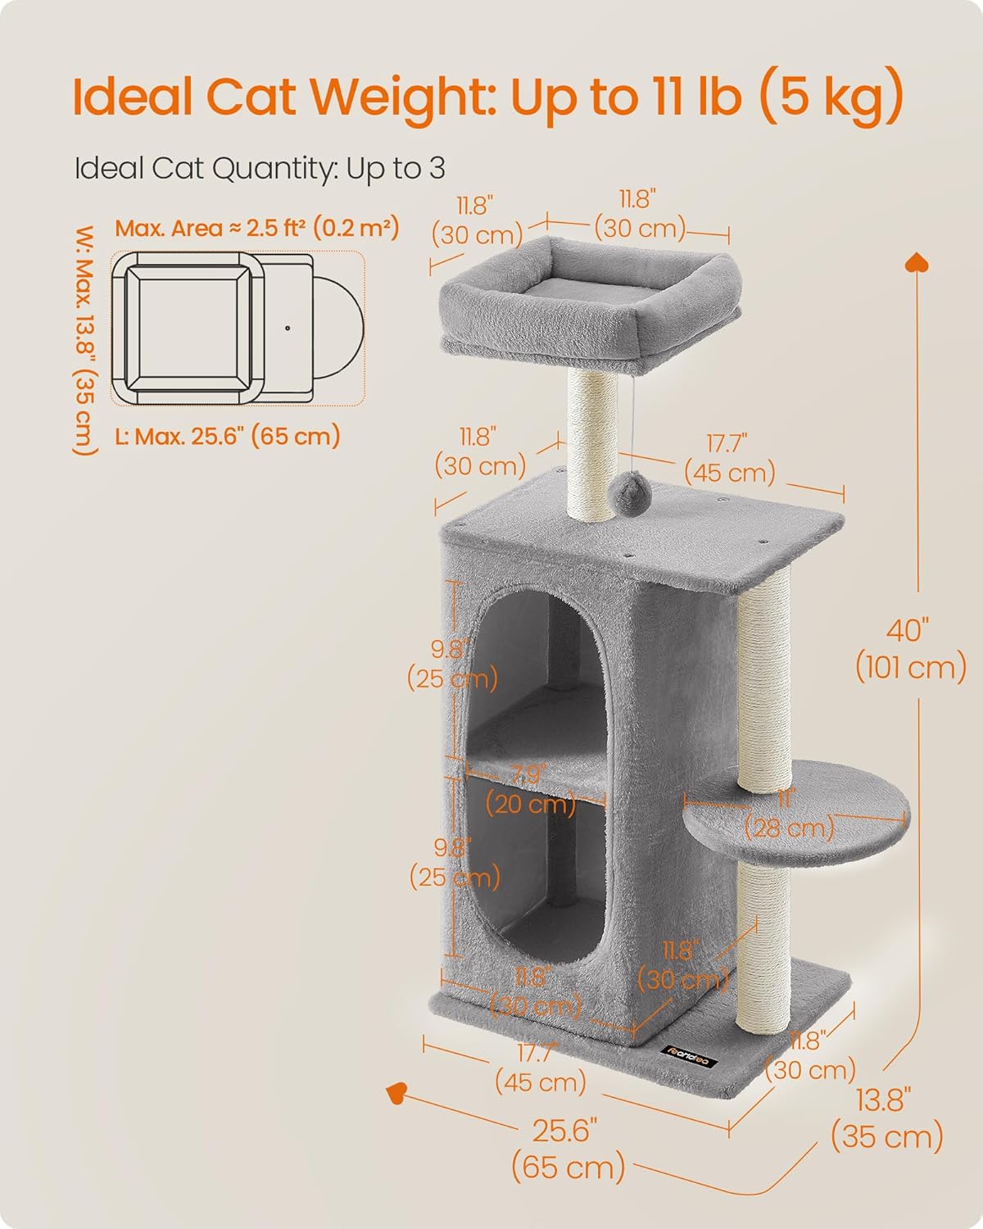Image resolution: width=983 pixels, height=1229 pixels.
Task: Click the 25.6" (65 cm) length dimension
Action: pos(567,1149)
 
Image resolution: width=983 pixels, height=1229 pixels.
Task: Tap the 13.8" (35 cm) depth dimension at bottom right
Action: pos(886,1121)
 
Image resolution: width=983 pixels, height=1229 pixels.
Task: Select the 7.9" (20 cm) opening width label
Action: pos(531,789)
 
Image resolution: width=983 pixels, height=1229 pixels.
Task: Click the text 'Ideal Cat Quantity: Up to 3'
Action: pos(260,168)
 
